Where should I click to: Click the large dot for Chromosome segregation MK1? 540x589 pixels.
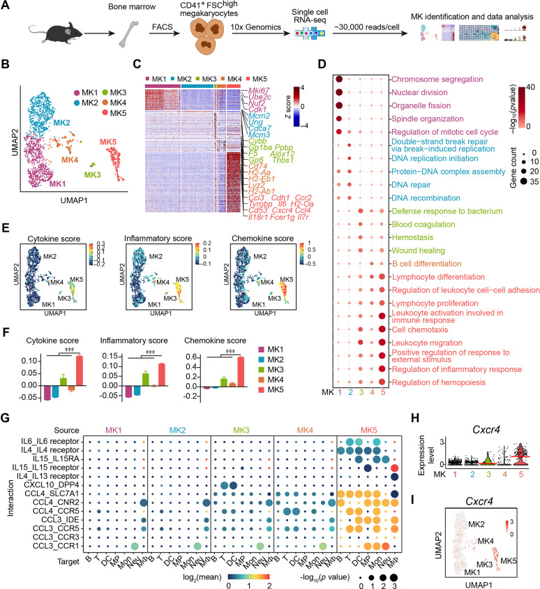coord(338,77)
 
